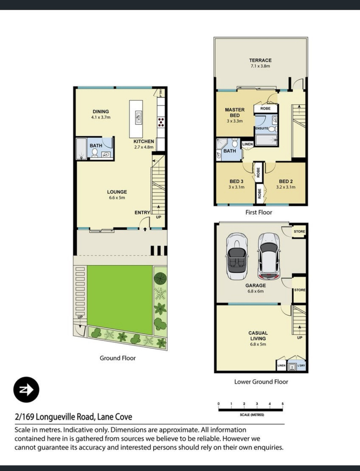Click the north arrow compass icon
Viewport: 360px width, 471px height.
point(26,390)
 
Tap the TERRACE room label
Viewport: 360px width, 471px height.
point(260,60)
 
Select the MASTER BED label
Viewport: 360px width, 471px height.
point(234,112)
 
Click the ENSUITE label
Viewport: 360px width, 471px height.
point(262,128)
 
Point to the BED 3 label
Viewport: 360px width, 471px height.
point(237,181)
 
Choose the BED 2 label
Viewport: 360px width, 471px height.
point(285,181)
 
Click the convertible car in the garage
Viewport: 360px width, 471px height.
point(237,256)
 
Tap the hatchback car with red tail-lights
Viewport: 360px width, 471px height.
point(269,256)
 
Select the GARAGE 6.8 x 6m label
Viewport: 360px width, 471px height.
point(256,288)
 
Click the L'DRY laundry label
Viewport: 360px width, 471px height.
point(301,365)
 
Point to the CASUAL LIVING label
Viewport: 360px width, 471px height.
point(258,336)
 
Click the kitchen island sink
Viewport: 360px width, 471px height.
point(139,117)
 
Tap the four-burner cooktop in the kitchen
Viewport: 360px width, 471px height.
point(161,122)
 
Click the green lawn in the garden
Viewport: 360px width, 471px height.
point(120,300)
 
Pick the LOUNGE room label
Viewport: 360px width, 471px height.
point(117,192)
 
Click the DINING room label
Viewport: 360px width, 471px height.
point(101,112)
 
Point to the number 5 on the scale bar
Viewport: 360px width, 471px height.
point(283,404)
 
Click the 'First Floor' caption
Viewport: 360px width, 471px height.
point(259,212)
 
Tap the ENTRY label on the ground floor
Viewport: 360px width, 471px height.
point(142,213)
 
